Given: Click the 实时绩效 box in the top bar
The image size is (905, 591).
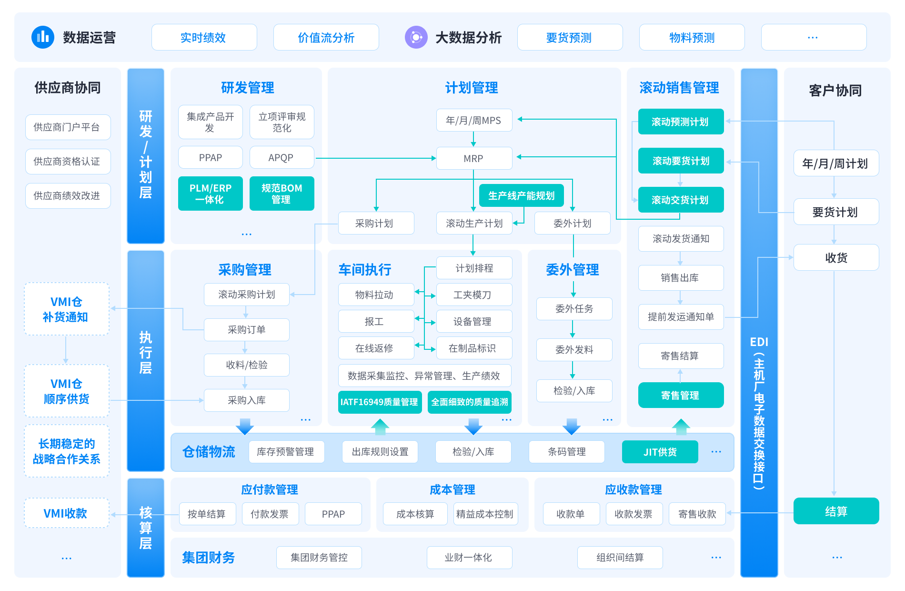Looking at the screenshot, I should click(204, 37).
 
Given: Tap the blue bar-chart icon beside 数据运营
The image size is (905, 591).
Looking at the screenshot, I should click(43, 37).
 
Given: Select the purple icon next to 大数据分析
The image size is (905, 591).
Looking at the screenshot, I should click(416, 37).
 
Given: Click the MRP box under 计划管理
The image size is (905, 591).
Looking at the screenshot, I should click(474, 158).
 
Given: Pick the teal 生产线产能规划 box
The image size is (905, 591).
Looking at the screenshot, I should click(521, 195).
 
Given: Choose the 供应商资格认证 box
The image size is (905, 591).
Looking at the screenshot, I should click(68, 162).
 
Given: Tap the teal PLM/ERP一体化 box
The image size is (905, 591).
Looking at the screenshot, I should click(210, 194).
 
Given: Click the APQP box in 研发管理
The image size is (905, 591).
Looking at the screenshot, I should click(282, 158).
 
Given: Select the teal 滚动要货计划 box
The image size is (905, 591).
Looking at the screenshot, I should click(681, 161).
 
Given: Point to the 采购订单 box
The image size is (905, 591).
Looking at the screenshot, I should click(246, 330).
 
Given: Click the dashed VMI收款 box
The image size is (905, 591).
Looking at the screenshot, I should click(66, 513).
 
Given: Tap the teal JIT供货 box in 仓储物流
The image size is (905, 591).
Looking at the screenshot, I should click(660, 452).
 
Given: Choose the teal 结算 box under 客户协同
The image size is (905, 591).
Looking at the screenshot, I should click(836, 511).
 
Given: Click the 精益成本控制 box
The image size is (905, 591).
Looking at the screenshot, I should click(484, 514).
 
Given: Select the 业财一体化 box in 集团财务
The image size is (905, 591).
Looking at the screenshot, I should click(469, 557).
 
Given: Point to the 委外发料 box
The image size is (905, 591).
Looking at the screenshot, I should click(574, 350).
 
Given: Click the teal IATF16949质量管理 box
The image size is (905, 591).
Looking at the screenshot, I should click(379, 402).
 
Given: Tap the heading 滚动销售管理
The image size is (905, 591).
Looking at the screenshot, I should click(679, 88).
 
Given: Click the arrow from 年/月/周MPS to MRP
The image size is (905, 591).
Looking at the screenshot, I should click(473, 139).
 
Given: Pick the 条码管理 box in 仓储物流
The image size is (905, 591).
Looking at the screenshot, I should click(566, 452).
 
